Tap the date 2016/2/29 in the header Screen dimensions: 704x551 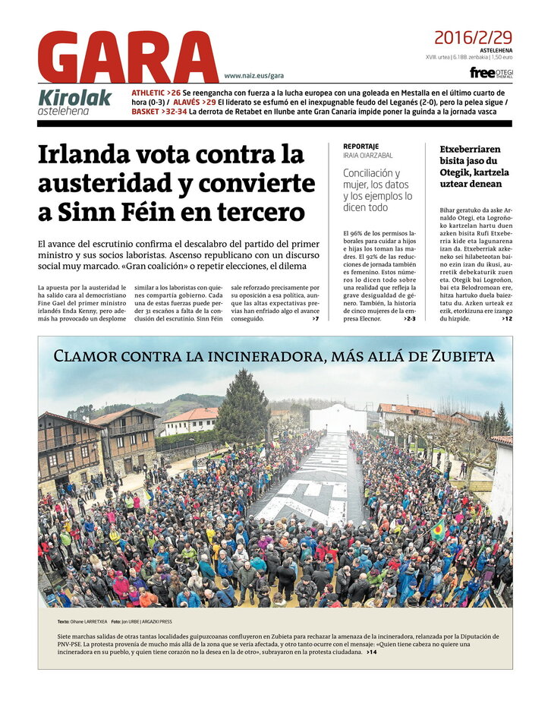point(473,37)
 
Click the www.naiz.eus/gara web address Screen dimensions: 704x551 point(253,76)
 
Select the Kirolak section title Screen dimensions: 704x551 point(74,98)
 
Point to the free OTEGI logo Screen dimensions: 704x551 point(491,73)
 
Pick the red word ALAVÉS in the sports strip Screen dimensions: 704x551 point(188,103)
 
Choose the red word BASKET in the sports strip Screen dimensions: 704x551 point(145,112)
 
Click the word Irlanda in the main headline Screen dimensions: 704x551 point(86,155)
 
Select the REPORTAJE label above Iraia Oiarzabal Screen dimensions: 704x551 point(361,147)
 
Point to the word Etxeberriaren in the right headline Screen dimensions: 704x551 point(470,150)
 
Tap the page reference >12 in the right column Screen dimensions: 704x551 point(506,319)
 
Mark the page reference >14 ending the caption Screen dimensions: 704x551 point(371,652)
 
